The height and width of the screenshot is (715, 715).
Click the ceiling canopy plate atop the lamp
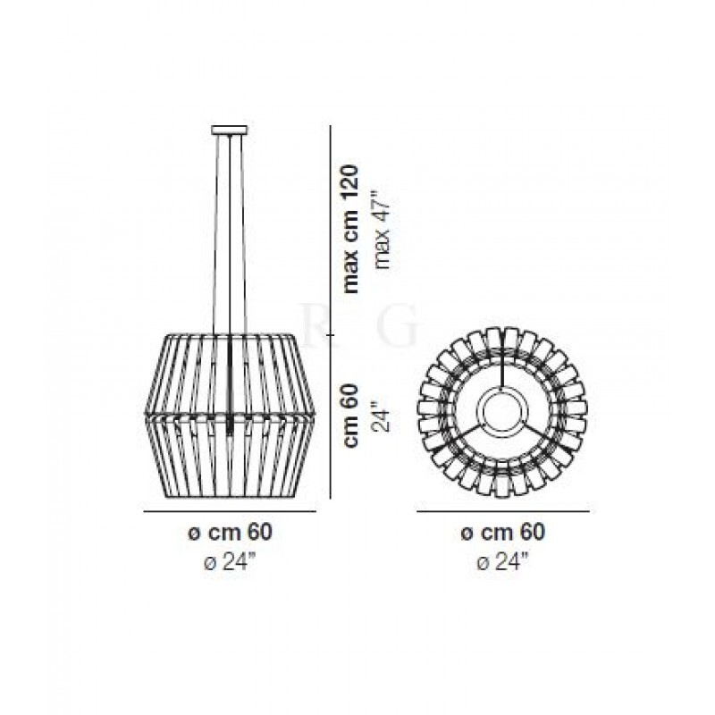click(230, 130)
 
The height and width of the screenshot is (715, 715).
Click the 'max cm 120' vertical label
click(351, 229)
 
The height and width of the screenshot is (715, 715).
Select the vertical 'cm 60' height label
click(351, 415)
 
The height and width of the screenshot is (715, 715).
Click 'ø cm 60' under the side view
click(230, 532)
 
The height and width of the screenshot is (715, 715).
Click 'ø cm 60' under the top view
click(503, 532)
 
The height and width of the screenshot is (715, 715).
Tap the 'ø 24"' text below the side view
click(231, 561)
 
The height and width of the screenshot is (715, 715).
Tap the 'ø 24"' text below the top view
click(503, 561)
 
